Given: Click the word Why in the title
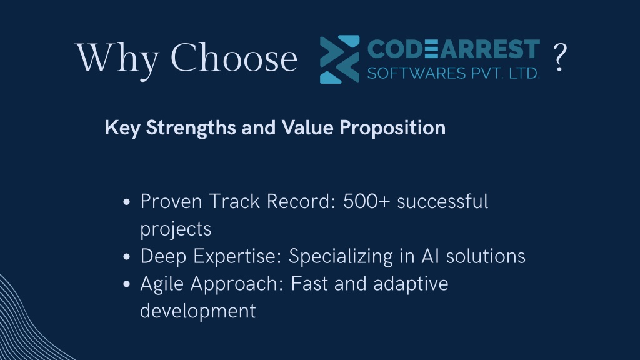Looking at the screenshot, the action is coord(117,59).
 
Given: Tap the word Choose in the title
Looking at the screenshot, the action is coord(234,57).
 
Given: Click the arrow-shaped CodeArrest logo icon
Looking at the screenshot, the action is coord(339,59).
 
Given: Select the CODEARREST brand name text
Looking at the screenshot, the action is coord(454,49).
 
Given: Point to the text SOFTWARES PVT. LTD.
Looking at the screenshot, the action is coord(454,74).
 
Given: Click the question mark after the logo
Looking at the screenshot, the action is coord(560,57).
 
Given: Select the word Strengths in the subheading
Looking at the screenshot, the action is coord(191,128).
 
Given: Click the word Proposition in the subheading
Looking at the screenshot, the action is coord(392,128).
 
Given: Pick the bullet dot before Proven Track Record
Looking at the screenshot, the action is coord(126,202).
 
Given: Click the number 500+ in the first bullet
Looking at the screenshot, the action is coord(366,201).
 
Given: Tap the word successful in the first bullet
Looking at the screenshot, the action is coord(442,201).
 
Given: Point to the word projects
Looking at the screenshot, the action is coord(176,229).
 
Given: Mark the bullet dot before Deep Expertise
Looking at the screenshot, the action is coord(126,257).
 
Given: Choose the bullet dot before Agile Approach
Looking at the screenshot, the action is coord(126,284).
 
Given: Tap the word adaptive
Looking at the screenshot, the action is coord(411,284).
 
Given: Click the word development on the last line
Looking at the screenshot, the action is coord(198,311).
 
